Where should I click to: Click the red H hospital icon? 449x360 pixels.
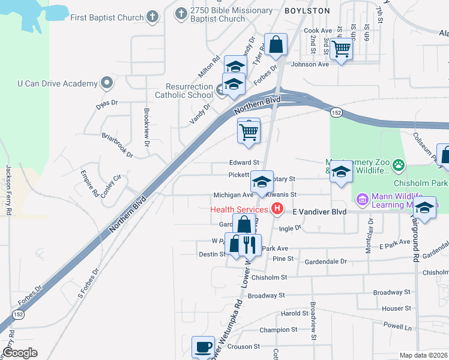click(x=277, y=209)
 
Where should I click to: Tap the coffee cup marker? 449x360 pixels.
click(x=203, y=346)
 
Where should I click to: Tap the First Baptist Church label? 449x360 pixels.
click(x=107, y=17)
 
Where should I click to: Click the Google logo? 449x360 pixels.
click(x=20, y=353)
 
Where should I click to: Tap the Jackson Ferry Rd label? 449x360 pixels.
click(x=9, y=190)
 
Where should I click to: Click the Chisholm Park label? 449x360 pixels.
click(x=420, y=183)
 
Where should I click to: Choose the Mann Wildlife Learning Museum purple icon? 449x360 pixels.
click(x=361, y=199)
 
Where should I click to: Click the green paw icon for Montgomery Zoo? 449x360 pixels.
click(x=399, y=164)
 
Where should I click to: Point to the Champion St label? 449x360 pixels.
click(x=275, y=330)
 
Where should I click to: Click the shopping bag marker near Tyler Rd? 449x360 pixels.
click(x=276, y=44)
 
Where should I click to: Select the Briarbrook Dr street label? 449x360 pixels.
click(x=117, y=145)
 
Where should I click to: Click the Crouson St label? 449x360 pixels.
click(x=243, y=346)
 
